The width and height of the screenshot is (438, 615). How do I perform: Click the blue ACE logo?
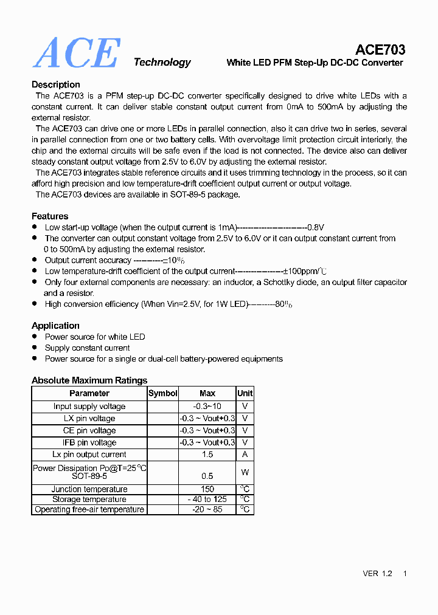coord(76,53)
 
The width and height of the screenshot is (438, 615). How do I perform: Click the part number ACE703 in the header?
coord(380,50)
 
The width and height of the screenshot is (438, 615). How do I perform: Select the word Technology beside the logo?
coord(162,62)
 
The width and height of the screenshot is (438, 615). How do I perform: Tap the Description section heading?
coord(56,84)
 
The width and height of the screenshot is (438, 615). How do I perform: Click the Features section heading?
coord(50,216)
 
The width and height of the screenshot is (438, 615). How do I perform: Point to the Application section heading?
coord(55,326)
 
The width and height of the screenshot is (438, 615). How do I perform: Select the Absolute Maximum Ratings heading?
coord(89,380)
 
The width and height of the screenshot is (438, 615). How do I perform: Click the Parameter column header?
coord(89,393)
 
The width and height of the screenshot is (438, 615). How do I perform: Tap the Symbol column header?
coord(163,393)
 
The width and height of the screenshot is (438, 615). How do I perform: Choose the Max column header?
coord(207,393)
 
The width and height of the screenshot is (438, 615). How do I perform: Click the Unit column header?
coord(245,393)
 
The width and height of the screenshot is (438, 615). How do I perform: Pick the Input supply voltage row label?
coord(89,407)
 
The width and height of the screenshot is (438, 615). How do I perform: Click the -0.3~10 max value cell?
coord(207,407)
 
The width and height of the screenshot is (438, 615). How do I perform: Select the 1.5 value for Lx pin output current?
coord(207,455)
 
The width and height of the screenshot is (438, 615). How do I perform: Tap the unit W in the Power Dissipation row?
coord(245,472)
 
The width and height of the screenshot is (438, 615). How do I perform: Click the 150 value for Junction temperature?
coord(207,489)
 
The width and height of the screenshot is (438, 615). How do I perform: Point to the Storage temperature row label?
coord(89,500)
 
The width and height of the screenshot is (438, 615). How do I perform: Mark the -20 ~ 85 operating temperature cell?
coord(207,509)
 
